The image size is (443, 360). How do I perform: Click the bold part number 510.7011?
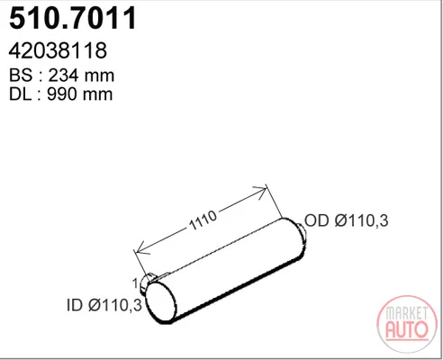point(73,18)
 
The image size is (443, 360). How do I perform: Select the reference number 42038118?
point(58,50)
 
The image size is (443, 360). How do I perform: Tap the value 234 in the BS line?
point(63,75)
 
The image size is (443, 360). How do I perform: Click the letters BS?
point(21,75)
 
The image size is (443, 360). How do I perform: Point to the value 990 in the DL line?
point(62,94)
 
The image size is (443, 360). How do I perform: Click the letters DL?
point(20,94)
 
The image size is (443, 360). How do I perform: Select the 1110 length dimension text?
point(203,220)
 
